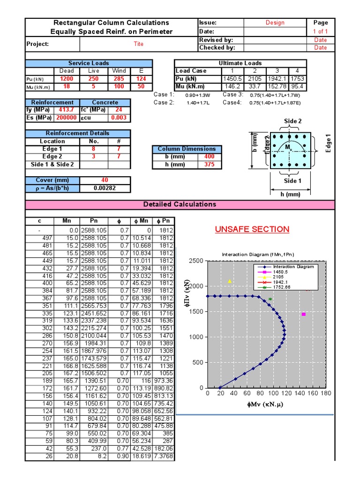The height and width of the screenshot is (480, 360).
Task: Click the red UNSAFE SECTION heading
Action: pyautogui.click(x=252, y=229)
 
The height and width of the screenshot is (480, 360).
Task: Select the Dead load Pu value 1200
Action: pyautogui.click(x=67, y=79)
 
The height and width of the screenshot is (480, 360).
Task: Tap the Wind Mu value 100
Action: pyautogui.click(x=119, y=86)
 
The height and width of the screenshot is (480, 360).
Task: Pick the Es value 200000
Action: pyautogui.click(x=66, y=118)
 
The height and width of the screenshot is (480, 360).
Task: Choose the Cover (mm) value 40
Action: pyautogui.click(x=104, y=180)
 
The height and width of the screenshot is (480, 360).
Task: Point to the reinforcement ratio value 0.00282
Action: pyautogui.click(x=104, y=188)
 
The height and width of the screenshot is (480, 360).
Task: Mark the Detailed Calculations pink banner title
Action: pyautogui.click(x=180, y=204)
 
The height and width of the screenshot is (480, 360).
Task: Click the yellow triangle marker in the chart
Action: pyautogui.click(x=230, y=281)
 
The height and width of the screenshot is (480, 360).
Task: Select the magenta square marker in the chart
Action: pyautogui.click(x=304, y=314)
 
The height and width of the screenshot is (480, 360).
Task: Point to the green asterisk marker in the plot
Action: pyautogui.click(x=270, y=299)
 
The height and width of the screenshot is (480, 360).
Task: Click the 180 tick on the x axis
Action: pyautogui.click(x=325, y=393)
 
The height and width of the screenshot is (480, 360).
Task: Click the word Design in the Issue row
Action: pyautogui.click(x=275, y=22)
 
